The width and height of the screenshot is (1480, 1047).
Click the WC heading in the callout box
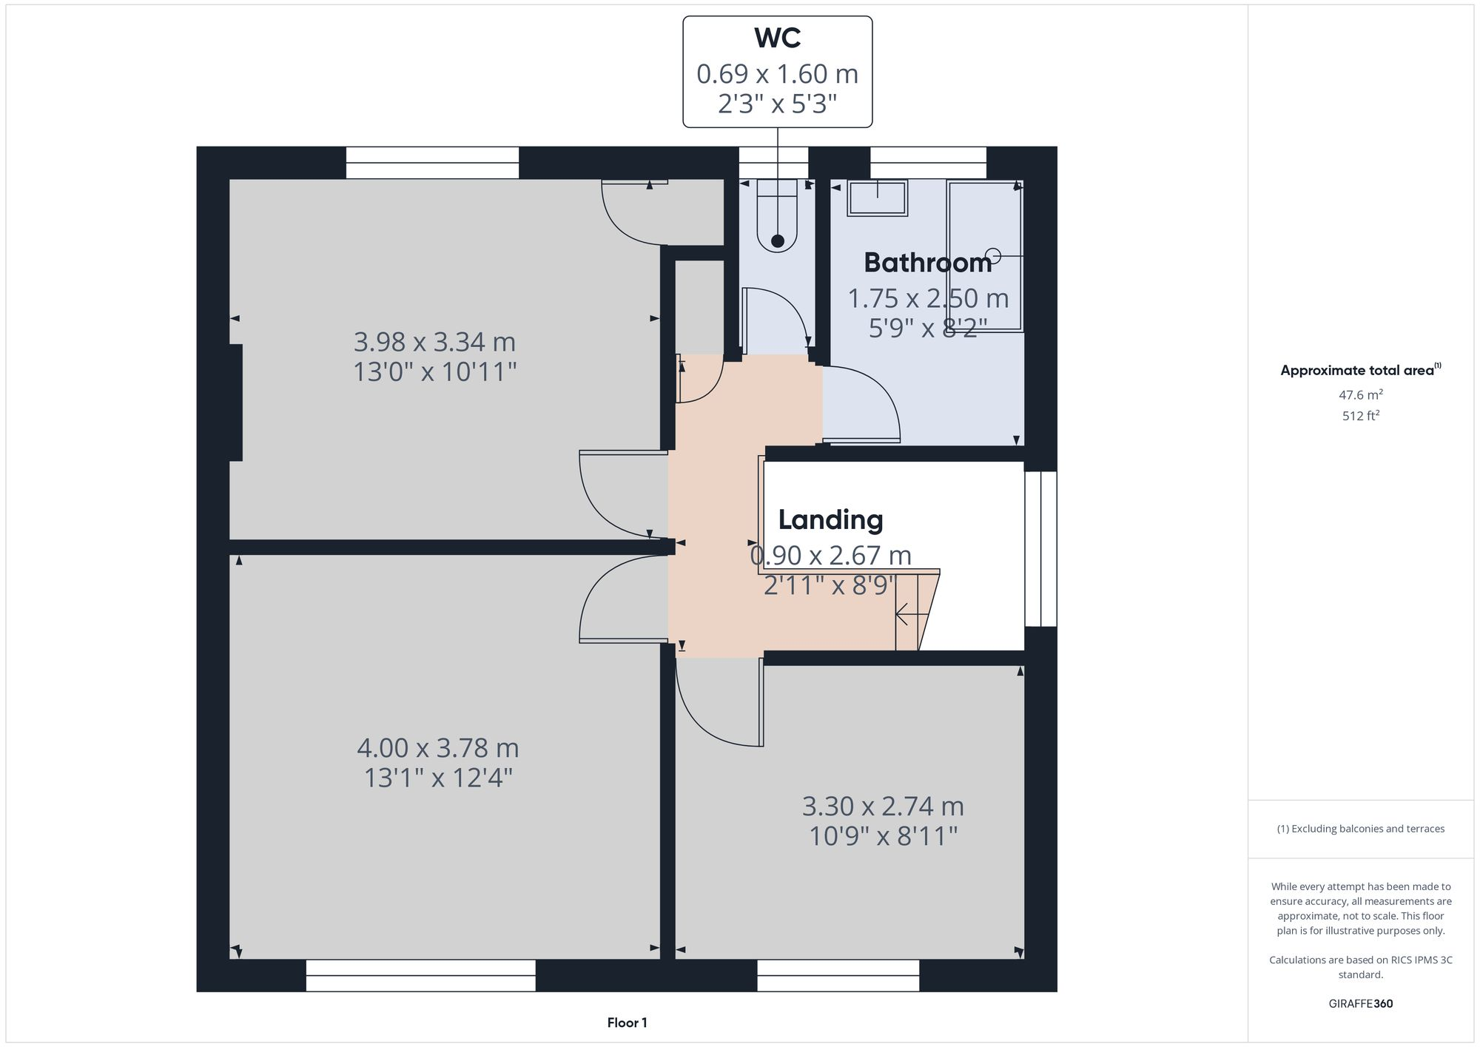(777, 38)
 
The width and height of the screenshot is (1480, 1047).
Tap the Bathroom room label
(927, 263)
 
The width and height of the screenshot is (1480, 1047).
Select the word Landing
(830, 520)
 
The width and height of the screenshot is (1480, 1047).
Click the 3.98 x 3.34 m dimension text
(434, 343)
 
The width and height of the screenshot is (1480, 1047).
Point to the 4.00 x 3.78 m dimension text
(437, 748)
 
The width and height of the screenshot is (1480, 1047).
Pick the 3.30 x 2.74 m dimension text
(883, 806)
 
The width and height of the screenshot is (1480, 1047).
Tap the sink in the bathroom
(878, 198)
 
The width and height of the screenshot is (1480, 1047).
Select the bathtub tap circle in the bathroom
(994, 256)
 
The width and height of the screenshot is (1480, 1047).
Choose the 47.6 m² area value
(1360, 395)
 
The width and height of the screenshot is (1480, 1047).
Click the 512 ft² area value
(1360, 416)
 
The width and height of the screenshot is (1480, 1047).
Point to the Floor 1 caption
(627, 1023)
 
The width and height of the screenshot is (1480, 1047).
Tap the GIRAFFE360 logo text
(1360, 1004)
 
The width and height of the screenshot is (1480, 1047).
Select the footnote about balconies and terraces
(1360, 829)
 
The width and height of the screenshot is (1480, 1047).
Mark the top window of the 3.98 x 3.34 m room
(432, 163)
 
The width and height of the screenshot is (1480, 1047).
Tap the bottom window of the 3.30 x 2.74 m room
(838, 975)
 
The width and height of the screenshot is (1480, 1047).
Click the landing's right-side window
(1040, 548)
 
